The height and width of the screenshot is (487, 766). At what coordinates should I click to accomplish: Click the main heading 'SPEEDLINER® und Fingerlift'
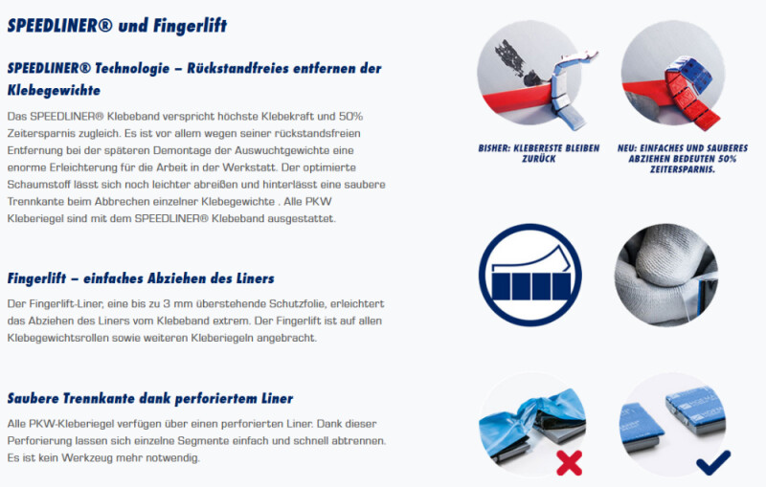coord(117,26)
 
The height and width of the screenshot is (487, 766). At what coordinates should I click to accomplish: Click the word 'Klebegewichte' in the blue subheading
coord(54,90)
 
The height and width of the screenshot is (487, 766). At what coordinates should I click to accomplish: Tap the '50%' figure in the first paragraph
coord(350,116)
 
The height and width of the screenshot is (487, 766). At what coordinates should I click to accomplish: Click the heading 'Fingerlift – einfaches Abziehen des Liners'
coord(141,278)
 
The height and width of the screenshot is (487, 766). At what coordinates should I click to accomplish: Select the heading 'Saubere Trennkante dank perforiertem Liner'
coord(150,398)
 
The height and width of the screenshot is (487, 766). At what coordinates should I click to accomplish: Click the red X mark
coord(569,462)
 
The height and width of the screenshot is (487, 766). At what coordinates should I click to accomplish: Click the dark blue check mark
coord(713,462)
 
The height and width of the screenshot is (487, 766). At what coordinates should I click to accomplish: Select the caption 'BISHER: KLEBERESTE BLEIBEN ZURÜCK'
coord(539,153)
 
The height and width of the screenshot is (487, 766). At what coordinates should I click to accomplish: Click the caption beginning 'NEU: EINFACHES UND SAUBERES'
coord(683,159)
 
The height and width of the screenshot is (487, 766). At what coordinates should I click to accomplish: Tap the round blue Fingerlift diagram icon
coord(530,275)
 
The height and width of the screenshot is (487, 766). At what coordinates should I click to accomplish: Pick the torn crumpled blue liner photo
coord(532,425)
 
